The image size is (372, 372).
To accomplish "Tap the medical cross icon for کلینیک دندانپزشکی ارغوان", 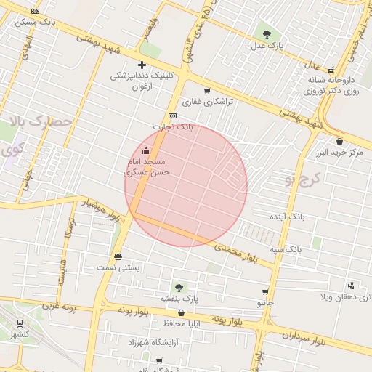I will [142, 65].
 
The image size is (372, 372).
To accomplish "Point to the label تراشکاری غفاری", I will [207, 102].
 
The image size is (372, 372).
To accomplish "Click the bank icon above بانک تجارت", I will [173, 116].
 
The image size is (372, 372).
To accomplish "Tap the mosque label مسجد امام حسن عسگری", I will [147, 166].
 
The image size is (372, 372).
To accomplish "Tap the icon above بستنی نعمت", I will [118, 256].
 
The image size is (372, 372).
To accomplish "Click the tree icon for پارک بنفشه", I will [178, 288].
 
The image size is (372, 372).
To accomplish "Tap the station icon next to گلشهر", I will [19, 324].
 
